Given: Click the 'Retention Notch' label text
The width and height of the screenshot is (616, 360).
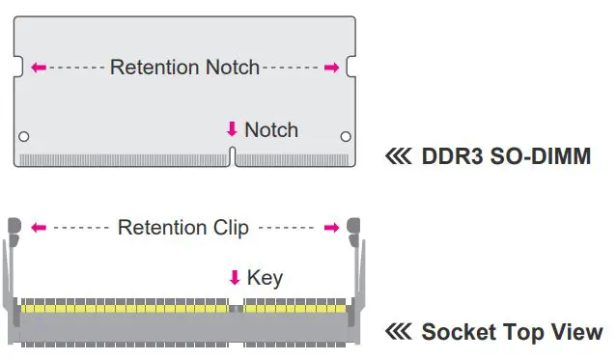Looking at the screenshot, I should point(184,68).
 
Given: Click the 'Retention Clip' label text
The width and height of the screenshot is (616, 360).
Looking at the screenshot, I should point(182,228).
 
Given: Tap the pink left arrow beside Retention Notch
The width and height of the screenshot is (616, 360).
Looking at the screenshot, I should point(39,68).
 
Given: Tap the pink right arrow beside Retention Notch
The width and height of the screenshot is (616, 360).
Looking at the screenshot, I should point(331,68).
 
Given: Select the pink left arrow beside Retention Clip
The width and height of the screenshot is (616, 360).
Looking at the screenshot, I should point(39,228).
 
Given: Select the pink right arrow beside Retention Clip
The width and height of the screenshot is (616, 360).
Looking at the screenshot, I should point(331,228).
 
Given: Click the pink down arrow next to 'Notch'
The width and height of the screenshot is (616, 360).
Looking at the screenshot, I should point(232,129).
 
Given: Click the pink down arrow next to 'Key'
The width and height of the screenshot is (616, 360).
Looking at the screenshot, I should point(234,278).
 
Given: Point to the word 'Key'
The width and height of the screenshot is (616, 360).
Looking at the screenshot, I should point(265,278).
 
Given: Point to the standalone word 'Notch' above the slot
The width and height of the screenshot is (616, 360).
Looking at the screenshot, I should point(271,129).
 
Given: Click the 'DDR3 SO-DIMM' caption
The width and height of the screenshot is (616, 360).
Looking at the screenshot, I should point(506,155).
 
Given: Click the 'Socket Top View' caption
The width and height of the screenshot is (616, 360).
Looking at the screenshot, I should point(512,333).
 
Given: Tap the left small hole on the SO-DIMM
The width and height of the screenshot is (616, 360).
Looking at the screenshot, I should point(24,136).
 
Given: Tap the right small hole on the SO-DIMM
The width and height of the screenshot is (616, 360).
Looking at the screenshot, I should point(345,136).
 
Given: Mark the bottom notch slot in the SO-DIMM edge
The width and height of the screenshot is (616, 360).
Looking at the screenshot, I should point(232,156).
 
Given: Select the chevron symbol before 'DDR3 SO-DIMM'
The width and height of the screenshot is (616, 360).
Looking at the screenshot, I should point(398,155).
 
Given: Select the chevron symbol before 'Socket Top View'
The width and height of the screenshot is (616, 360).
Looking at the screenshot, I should point(398,333).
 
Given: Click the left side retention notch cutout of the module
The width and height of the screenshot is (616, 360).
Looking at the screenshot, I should point(16,68).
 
